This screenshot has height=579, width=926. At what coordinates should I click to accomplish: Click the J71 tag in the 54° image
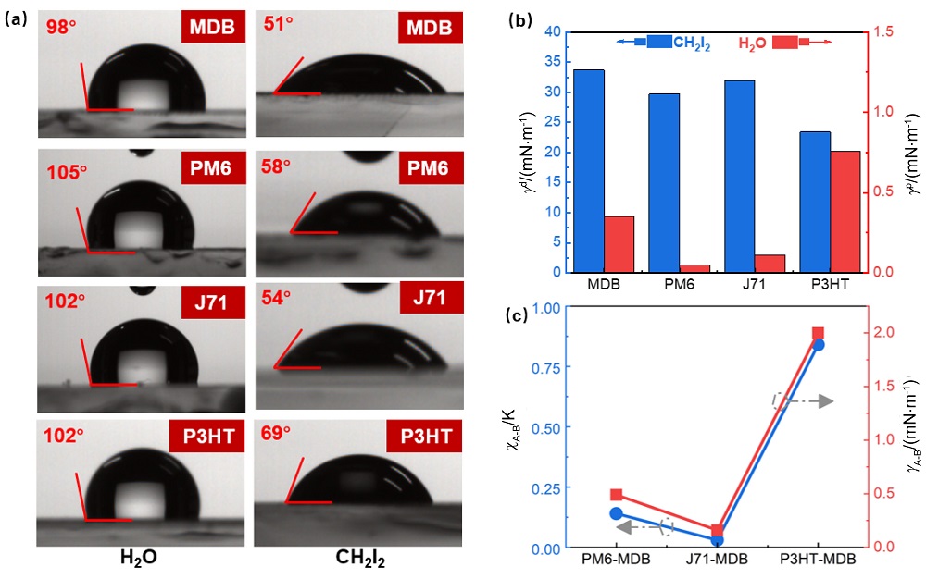(x=428, y=299)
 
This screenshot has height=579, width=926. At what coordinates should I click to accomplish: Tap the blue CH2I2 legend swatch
(x=660, y=42)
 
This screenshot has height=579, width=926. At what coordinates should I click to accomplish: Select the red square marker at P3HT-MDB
(x=818, y=333)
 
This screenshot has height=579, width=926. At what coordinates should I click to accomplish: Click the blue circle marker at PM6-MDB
(x=617, y=513)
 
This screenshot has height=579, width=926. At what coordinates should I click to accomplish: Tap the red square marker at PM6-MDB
(x=617, y=495)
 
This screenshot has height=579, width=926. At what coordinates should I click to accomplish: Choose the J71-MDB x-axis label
(x=717, y=560)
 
